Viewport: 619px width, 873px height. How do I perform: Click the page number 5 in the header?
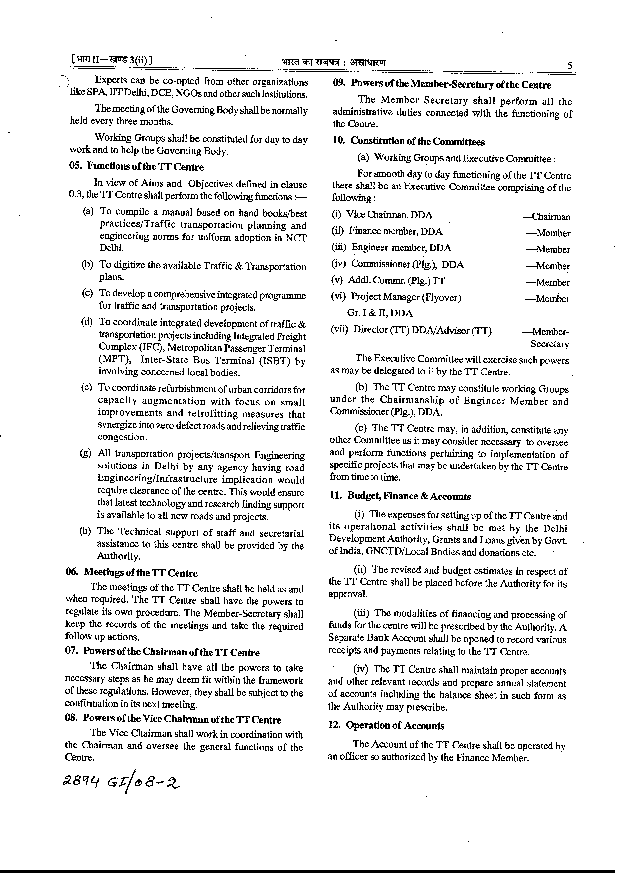coord(569,65)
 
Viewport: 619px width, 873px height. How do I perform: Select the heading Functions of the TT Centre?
coord(145,167)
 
